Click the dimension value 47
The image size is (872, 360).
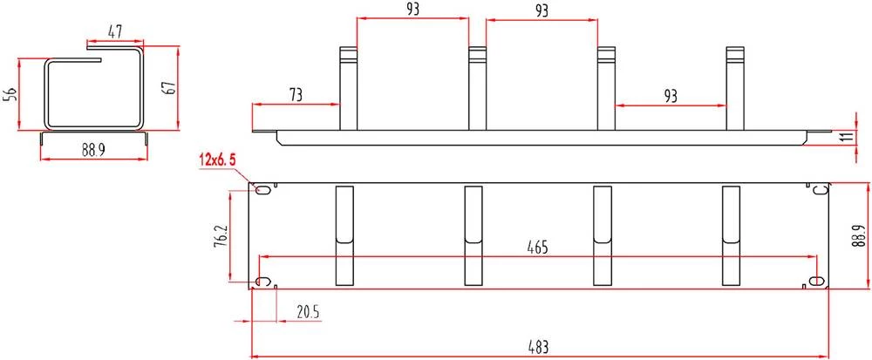[x=114, y=32]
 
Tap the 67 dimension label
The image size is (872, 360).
[x=170, y=88]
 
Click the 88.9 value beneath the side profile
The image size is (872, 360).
[x=93, y=151]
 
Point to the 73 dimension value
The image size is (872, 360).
[x=296, y=95]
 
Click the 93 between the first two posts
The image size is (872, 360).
[x=412, y=9]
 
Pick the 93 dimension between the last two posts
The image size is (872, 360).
[x=671, y=96]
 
